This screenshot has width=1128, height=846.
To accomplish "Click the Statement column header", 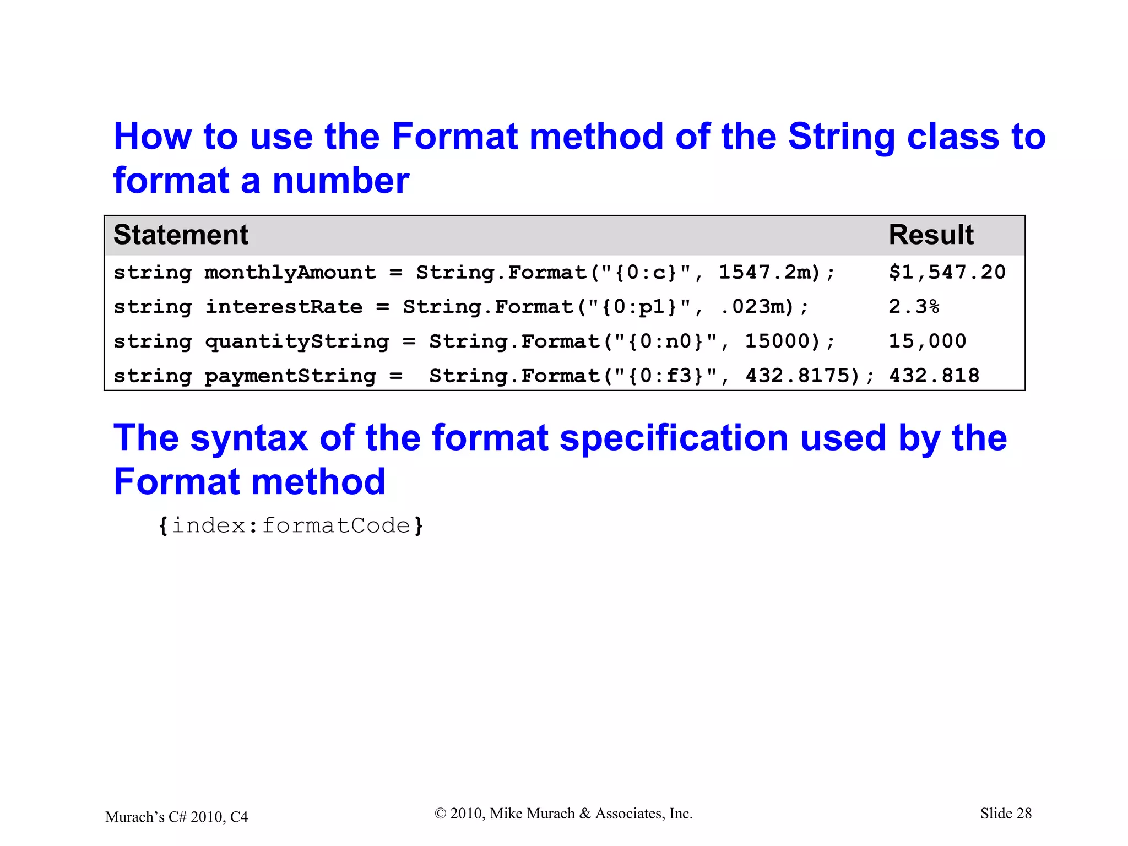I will click(181, 235).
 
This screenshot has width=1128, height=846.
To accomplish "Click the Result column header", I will click(931, 235).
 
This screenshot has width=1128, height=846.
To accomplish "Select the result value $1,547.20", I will click(947, 272).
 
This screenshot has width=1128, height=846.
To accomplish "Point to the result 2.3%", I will click(914, 307).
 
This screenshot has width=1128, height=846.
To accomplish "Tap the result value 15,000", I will click(927, 341).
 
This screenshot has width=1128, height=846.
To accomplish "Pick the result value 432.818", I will click(934, 376).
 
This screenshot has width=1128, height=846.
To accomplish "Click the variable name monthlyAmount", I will click(290, 273).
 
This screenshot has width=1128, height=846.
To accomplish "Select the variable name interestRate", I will click(284, 307).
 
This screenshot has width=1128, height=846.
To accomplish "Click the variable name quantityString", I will click(297, 341).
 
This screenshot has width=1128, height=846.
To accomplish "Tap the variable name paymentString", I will click(290, 376).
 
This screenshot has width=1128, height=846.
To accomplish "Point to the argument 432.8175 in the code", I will click(802, 376).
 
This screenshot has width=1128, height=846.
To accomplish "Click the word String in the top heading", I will click(841, 136).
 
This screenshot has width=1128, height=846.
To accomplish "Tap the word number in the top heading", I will click(340, 181).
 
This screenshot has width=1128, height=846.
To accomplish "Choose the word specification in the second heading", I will click(674, 438).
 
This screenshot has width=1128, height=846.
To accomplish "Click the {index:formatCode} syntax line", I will click(291, 525).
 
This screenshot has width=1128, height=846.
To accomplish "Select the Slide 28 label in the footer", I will click(1006, 814).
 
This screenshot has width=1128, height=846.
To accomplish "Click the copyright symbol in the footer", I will click(440, 814).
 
